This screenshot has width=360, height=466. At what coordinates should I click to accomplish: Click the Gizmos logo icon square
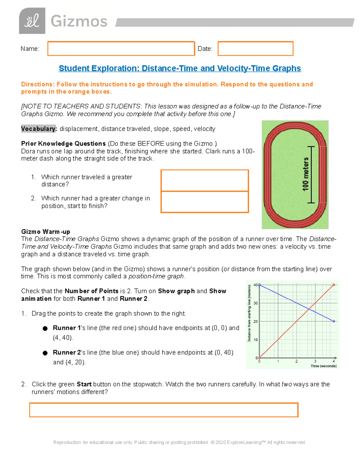click(x=32, y=21)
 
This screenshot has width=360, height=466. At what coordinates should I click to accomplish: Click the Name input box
click(x=121, y=49)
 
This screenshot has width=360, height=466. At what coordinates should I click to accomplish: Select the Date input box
click(x=255, y=49)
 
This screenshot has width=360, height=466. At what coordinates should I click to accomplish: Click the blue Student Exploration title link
click(x=180, y=68)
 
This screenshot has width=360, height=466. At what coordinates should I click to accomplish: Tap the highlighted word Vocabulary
click(x=38, y=129)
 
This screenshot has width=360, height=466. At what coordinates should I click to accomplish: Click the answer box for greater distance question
click(x=205, y=181)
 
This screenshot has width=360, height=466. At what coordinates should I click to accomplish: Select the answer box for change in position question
click(x=205, y=202)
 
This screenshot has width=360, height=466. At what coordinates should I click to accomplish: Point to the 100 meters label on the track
click(x=305, y=174)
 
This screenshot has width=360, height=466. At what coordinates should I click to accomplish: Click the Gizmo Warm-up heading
click(x=46, y=232)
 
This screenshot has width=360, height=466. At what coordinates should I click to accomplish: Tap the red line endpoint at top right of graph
click(x=334, y=285)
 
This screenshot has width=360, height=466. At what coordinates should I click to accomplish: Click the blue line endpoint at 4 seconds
click(x=334, y=321)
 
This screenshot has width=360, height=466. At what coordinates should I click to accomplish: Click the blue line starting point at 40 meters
click(x=259, y=285)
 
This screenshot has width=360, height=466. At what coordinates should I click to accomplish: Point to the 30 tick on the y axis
click(x=256, y=303)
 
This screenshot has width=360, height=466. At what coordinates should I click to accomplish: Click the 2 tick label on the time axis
click(x=296, y=361)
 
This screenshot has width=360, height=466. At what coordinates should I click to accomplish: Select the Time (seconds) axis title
click(x=323, y=366)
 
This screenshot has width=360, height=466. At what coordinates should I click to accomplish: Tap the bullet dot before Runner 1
click(x=45, y=328)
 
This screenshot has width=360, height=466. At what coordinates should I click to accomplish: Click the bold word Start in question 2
click(x=84, y=384)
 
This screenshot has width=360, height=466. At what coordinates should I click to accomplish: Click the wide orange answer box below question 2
click(x=164, y=410)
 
